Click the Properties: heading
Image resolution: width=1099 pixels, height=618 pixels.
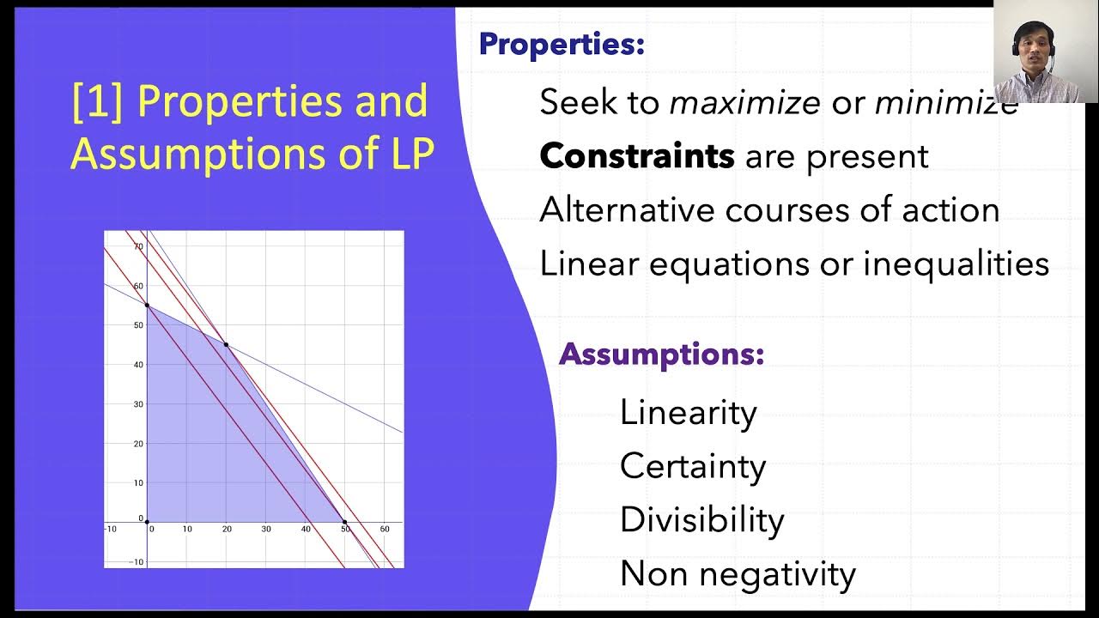(x=562, y=44)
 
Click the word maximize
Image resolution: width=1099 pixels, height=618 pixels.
(x=744, y=104)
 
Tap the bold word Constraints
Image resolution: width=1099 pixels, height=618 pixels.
(x=636, y=157)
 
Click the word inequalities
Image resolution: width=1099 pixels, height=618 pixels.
(x=956, y=264)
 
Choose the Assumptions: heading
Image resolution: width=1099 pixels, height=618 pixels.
(x=661, y=354)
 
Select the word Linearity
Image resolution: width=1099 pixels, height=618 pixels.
(x=688, y=413)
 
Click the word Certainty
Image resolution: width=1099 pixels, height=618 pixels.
(x=692, y=466)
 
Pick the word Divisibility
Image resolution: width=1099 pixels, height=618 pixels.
(x=701, y=520)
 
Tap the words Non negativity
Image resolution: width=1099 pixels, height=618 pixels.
(x=738, y=573)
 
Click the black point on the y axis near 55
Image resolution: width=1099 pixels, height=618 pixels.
(x=147, y=305)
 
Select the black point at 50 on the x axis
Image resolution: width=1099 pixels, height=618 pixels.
(x=345, y=522)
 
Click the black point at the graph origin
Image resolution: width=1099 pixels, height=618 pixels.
(x=147, y=522)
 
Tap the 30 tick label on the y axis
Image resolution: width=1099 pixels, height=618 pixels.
(x=137, y=404)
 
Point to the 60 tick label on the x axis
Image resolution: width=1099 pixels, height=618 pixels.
(x=385, y=530)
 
